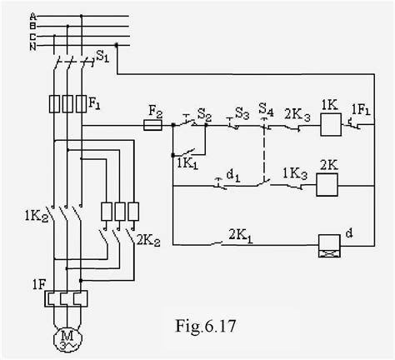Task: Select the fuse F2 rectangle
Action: pyautogui.click(x=152, y=126)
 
